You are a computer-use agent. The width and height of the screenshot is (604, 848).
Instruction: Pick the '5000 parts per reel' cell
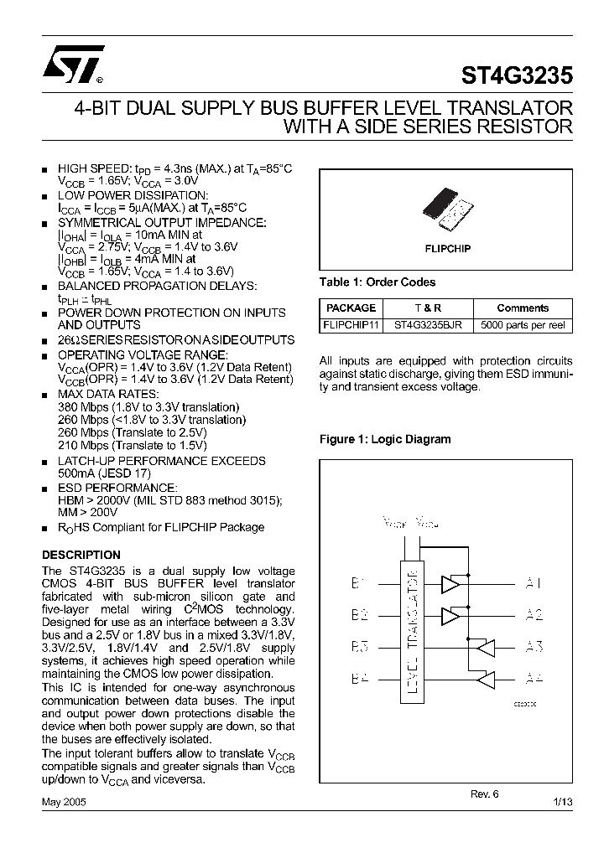(x=522, y=325)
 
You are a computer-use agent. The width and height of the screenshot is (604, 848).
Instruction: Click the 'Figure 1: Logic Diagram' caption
(x=385, y=439)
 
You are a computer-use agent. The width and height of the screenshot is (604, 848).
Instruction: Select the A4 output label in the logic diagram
(x=534, y=677)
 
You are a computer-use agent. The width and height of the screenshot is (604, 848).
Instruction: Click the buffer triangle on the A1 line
(x=451, y=584)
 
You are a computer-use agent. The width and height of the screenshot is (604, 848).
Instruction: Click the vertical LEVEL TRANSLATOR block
(x=412, y=629)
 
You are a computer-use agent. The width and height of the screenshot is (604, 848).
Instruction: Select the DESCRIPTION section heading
(x=81, y=555)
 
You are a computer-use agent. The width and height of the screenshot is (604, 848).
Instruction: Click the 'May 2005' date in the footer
(x=64, y=802)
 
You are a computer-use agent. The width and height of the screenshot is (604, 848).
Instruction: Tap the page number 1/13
(x=563, y=802)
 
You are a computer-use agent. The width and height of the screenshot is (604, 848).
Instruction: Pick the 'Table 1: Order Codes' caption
(x=377, y=282)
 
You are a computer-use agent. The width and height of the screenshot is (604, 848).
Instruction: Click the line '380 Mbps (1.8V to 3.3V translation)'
(x=148, y=406)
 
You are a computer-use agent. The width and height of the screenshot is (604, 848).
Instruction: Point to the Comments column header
(x=522, y=308)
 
